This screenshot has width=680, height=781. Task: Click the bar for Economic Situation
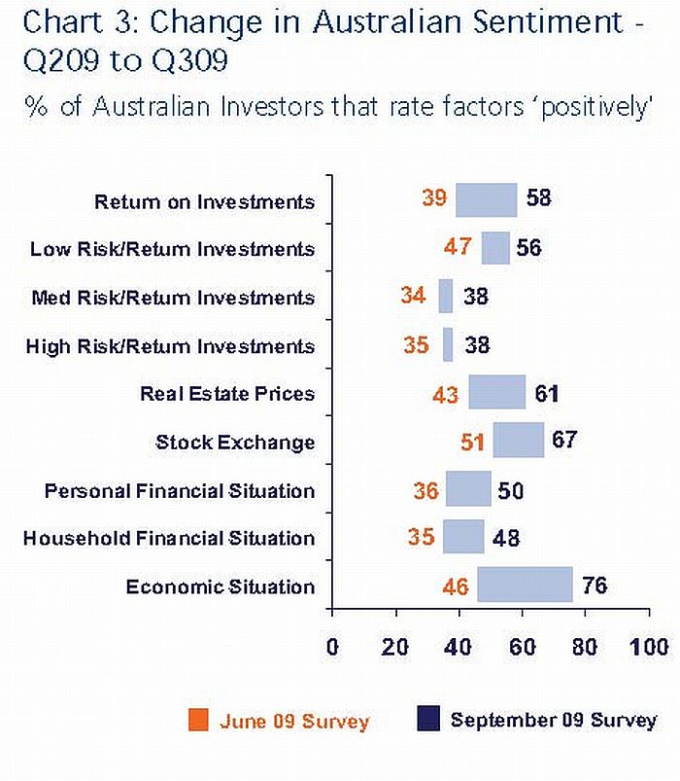[525, 586]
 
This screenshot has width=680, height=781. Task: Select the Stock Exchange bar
[518, 441]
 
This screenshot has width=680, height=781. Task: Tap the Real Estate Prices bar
[496, 393]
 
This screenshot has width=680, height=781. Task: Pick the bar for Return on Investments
[486, 200]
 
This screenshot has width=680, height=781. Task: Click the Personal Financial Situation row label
[180, 490]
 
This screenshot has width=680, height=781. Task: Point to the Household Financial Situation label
[169, 538]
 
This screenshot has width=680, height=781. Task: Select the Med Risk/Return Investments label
[173, 297]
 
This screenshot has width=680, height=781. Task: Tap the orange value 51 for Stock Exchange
[472, 442]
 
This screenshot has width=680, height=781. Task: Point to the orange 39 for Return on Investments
[434, 198]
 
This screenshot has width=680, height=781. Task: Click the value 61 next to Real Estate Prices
[548, 394]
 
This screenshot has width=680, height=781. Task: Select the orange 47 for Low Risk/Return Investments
[458, 247]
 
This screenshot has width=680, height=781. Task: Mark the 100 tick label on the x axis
[648, 648]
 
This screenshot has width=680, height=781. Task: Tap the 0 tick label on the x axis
[332, 648]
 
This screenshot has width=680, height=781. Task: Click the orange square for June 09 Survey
[200, 721]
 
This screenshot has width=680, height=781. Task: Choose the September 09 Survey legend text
[553, 721]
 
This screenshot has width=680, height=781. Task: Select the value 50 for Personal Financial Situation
[510, 490]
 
